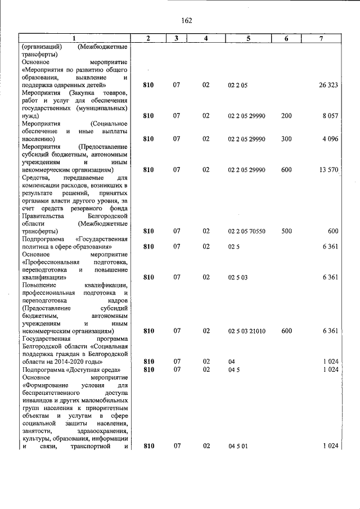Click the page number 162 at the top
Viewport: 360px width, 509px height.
(187, 21)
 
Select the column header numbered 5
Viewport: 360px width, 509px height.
(247, 38)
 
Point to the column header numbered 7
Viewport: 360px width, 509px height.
(321, 38)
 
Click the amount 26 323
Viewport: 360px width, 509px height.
(327, 85)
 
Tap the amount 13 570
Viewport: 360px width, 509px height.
(327, 169)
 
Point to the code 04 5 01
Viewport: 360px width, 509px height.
(238, 446)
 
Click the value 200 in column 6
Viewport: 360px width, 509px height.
(286, 116)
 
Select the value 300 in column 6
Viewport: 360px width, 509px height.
(286, 139)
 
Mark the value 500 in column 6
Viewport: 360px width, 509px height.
(286, 231)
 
